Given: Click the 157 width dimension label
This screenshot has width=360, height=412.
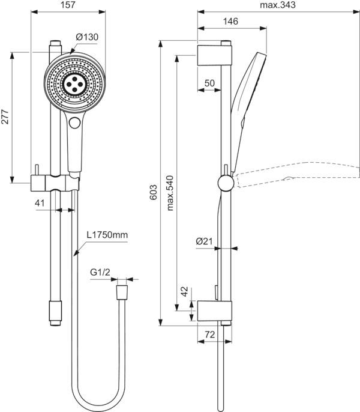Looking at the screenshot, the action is (68, 5).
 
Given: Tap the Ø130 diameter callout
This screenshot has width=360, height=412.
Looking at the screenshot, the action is (87, 37).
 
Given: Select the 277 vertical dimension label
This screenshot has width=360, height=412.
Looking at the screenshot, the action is (5, 117).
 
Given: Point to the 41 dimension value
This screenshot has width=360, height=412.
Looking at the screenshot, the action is (40, 203).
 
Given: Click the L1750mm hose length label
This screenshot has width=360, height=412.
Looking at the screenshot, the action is (107, 235).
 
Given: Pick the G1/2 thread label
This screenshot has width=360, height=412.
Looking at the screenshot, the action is (100, 273).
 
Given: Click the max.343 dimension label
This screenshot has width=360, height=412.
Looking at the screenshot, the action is (278, 5).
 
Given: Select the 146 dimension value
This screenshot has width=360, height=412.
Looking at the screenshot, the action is (230, 21).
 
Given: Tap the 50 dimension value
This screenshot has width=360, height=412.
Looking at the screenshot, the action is (209, 83).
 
